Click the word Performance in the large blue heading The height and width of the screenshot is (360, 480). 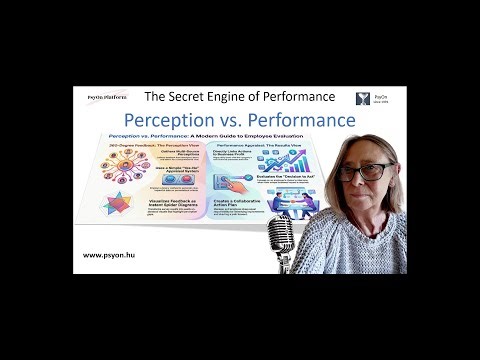click(x=301, y=121)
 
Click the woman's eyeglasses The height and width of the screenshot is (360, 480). click(x=374, y=172)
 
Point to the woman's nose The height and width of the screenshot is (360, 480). click(x=373, y=181)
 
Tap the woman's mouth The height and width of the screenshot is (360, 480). click(x=374, y=192)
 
